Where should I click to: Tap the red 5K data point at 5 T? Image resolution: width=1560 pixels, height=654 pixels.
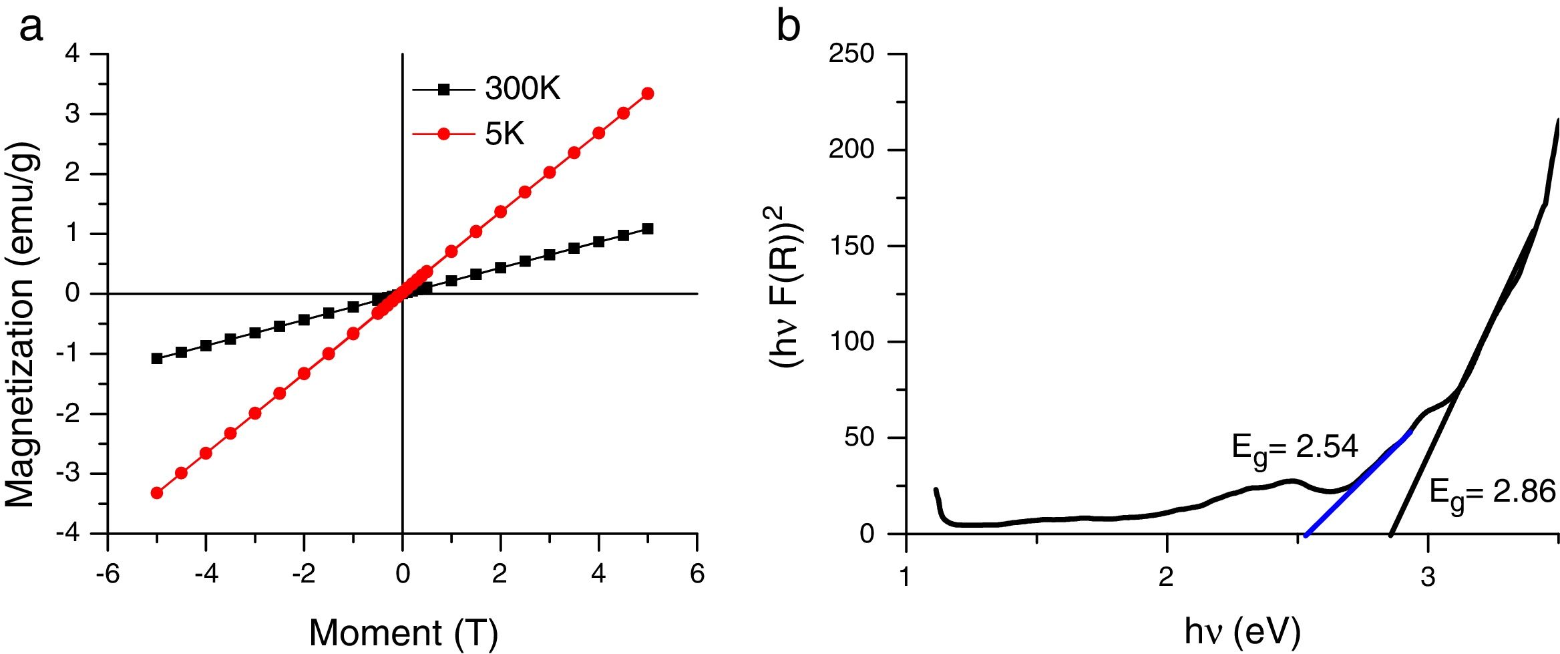[x=647, y=94]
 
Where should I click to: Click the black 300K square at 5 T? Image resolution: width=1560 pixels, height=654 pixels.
[x=647, y=229]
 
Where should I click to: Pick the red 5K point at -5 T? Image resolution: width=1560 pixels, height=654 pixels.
[x=157, y=493]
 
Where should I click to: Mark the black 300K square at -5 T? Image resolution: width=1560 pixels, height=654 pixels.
[x=157, y=359]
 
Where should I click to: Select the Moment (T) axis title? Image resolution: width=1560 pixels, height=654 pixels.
[x=403, y=631]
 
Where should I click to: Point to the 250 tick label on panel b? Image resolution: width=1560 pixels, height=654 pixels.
[x=851, y=53]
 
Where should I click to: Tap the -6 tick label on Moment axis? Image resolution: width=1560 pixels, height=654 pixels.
[x=107, y=575]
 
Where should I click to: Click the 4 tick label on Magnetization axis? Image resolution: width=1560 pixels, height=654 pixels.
[x=72, y=53]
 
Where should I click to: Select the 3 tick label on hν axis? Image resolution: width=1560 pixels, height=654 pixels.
[x=1428, y=577]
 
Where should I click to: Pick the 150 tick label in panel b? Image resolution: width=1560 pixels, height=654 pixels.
[x=851, y=246]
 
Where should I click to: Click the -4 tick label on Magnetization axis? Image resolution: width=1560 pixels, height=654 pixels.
[x=67, y=534]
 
